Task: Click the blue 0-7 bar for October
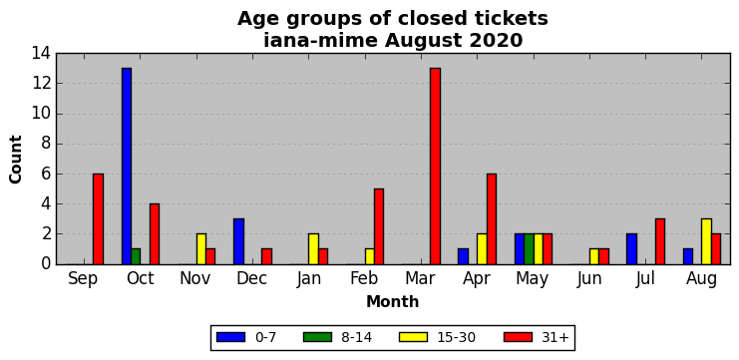pyautogui.click(x=127, y=166)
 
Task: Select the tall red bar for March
pyautogui.click(x=435, y=166)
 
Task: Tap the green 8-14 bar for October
pyautogui.click(x=136, y=256)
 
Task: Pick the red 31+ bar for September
pyautogui.click(x=98, y=219)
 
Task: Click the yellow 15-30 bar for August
pyautogui.click(x=706, y=241)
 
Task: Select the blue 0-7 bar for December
pyautogui.click(x=238, y=241)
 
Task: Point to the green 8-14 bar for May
pyautogui.click(x=529, y=248)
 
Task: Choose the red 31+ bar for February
pyautogui.click(x=379, y=226)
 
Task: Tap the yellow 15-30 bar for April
pyautogui.click(x=482, y=248)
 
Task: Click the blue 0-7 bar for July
pyautogui.click(x=631, y=248)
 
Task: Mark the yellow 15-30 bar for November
pyautogui.click(x=201, y=248)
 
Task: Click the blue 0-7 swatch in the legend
pyautogui.click(x=231, y=337)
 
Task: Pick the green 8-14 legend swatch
pyautogui.click(x=317, y=337)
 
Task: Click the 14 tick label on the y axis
pyautogui.click(x=41, y=53)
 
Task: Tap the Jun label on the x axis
pyautogui.click(x=589, y=279)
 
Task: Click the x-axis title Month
pyautogui.click(x=392, y=301)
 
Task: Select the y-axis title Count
pyautogui.click(x=16, y=160)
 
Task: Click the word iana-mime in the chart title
pyautogui.click(x=320, y=41)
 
